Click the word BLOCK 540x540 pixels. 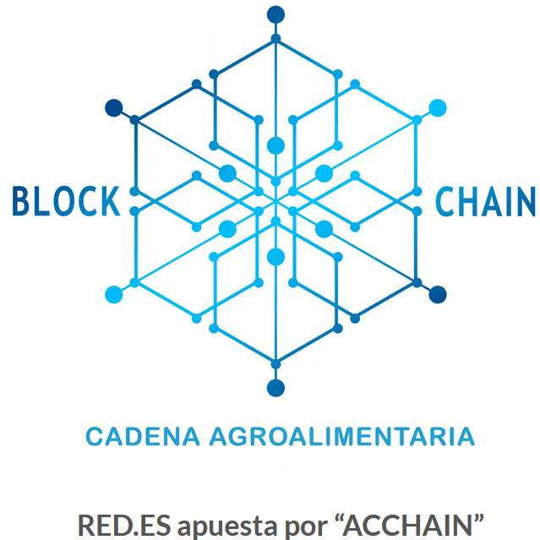65,201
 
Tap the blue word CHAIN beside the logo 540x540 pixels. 485,201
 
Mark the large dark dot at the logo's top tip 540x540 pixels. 275,14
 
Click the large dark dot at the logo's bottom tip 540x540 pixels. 275,388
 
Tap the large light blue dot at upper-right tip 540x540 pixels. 438,107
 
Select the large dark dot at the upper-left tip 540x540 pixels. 114,107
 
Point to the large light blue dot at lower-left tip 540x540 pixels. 114,294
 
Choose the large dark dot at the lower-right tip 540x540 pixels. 438,294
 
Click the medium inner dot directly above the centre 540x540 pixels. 275,145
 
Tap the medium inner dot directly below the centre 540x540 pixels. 275,256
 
